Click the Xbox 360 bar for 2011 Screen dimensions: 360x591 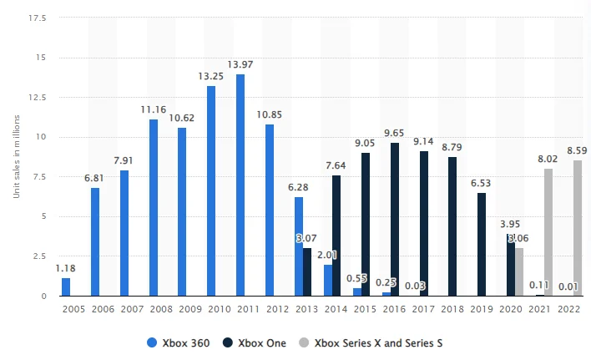(x=240, y=185)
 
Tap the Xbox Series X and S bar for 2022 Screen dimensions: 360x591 (x=578, y=227)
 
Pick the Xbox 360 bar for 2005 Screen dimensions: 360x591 (x=66, y=286)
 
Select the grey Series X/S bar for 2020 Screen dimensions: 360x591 (x=519, y=271)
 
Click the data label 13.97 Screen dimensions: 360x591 (x=240, y=65)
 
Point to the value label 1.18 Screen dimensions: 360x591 (x=66, y=268)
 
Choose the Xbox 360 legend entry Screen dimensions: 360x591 (x=178, y=342)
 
